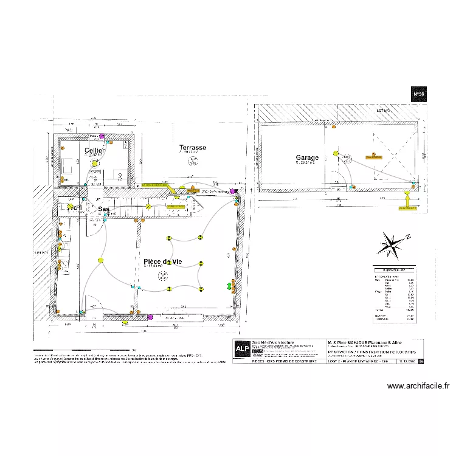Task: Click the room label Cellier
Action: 95,150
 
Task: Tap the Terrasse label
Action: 192,148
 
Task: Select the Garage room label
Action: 307,158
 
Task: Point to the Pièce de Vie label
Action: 163,262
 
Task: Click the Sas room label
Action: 104,209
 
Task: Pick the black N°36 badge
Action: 418,94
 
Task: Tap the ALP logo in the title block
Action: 241,348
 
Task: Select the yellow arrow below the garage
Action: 407,196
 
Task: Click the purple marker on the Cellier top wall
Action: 102,136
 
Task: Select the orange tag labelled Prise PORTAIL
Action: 373,156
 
